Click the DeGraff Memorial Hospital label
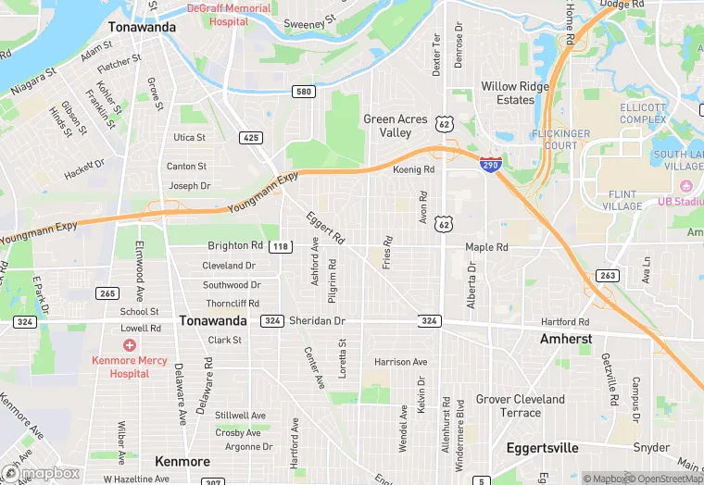229,15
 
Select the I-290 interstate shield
491,164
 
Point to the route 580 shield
304,91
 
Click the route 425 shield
250,137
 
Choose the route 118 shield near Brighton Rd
281,246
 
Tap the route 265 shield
107,293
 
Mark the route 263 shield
608,275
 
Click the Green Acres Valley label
396,126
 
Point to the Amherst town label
566,339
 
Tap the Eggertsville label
542,448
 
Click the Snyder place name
652,448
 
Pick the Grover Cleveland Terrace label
520,405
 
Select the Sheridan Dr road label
317,320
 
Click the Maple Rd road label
486,247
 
